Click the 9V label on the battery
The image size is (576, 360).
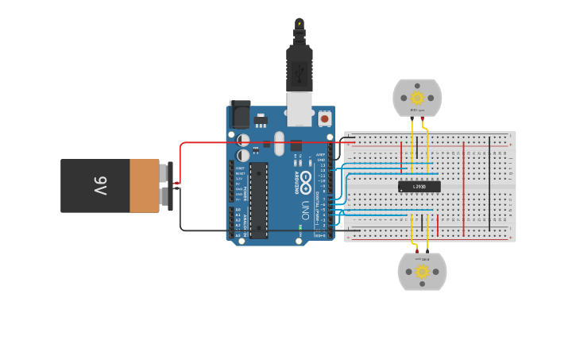pyautogui.click(x=100, y=186)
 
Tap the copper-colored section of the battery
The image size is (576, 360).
pyautogui.click(x=145, y=186)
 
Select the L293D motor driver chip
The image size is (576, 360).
pyautogui.click(x=419, y=187)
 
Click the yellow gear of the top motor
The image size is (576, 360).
pyautogui.click(x=417, y=97)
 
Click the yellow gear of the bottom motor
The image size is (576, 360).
pyautogui.click(x=422, y=272)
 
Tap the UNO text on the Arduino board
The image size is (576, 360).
pyautogui.click(x=303, y=209)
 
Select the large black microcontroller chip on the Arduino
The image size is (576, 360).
pyautogui.click(x=258, y=199)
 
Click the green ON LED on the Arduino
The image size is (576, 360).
pyautogui.click(x=300, y=227)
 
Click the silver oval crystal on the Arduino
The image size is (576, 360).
pyautogui.click(x=279, y=143)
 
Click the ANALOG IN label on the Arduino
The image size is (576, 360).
pyautogui.click(x=244, y=223)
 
